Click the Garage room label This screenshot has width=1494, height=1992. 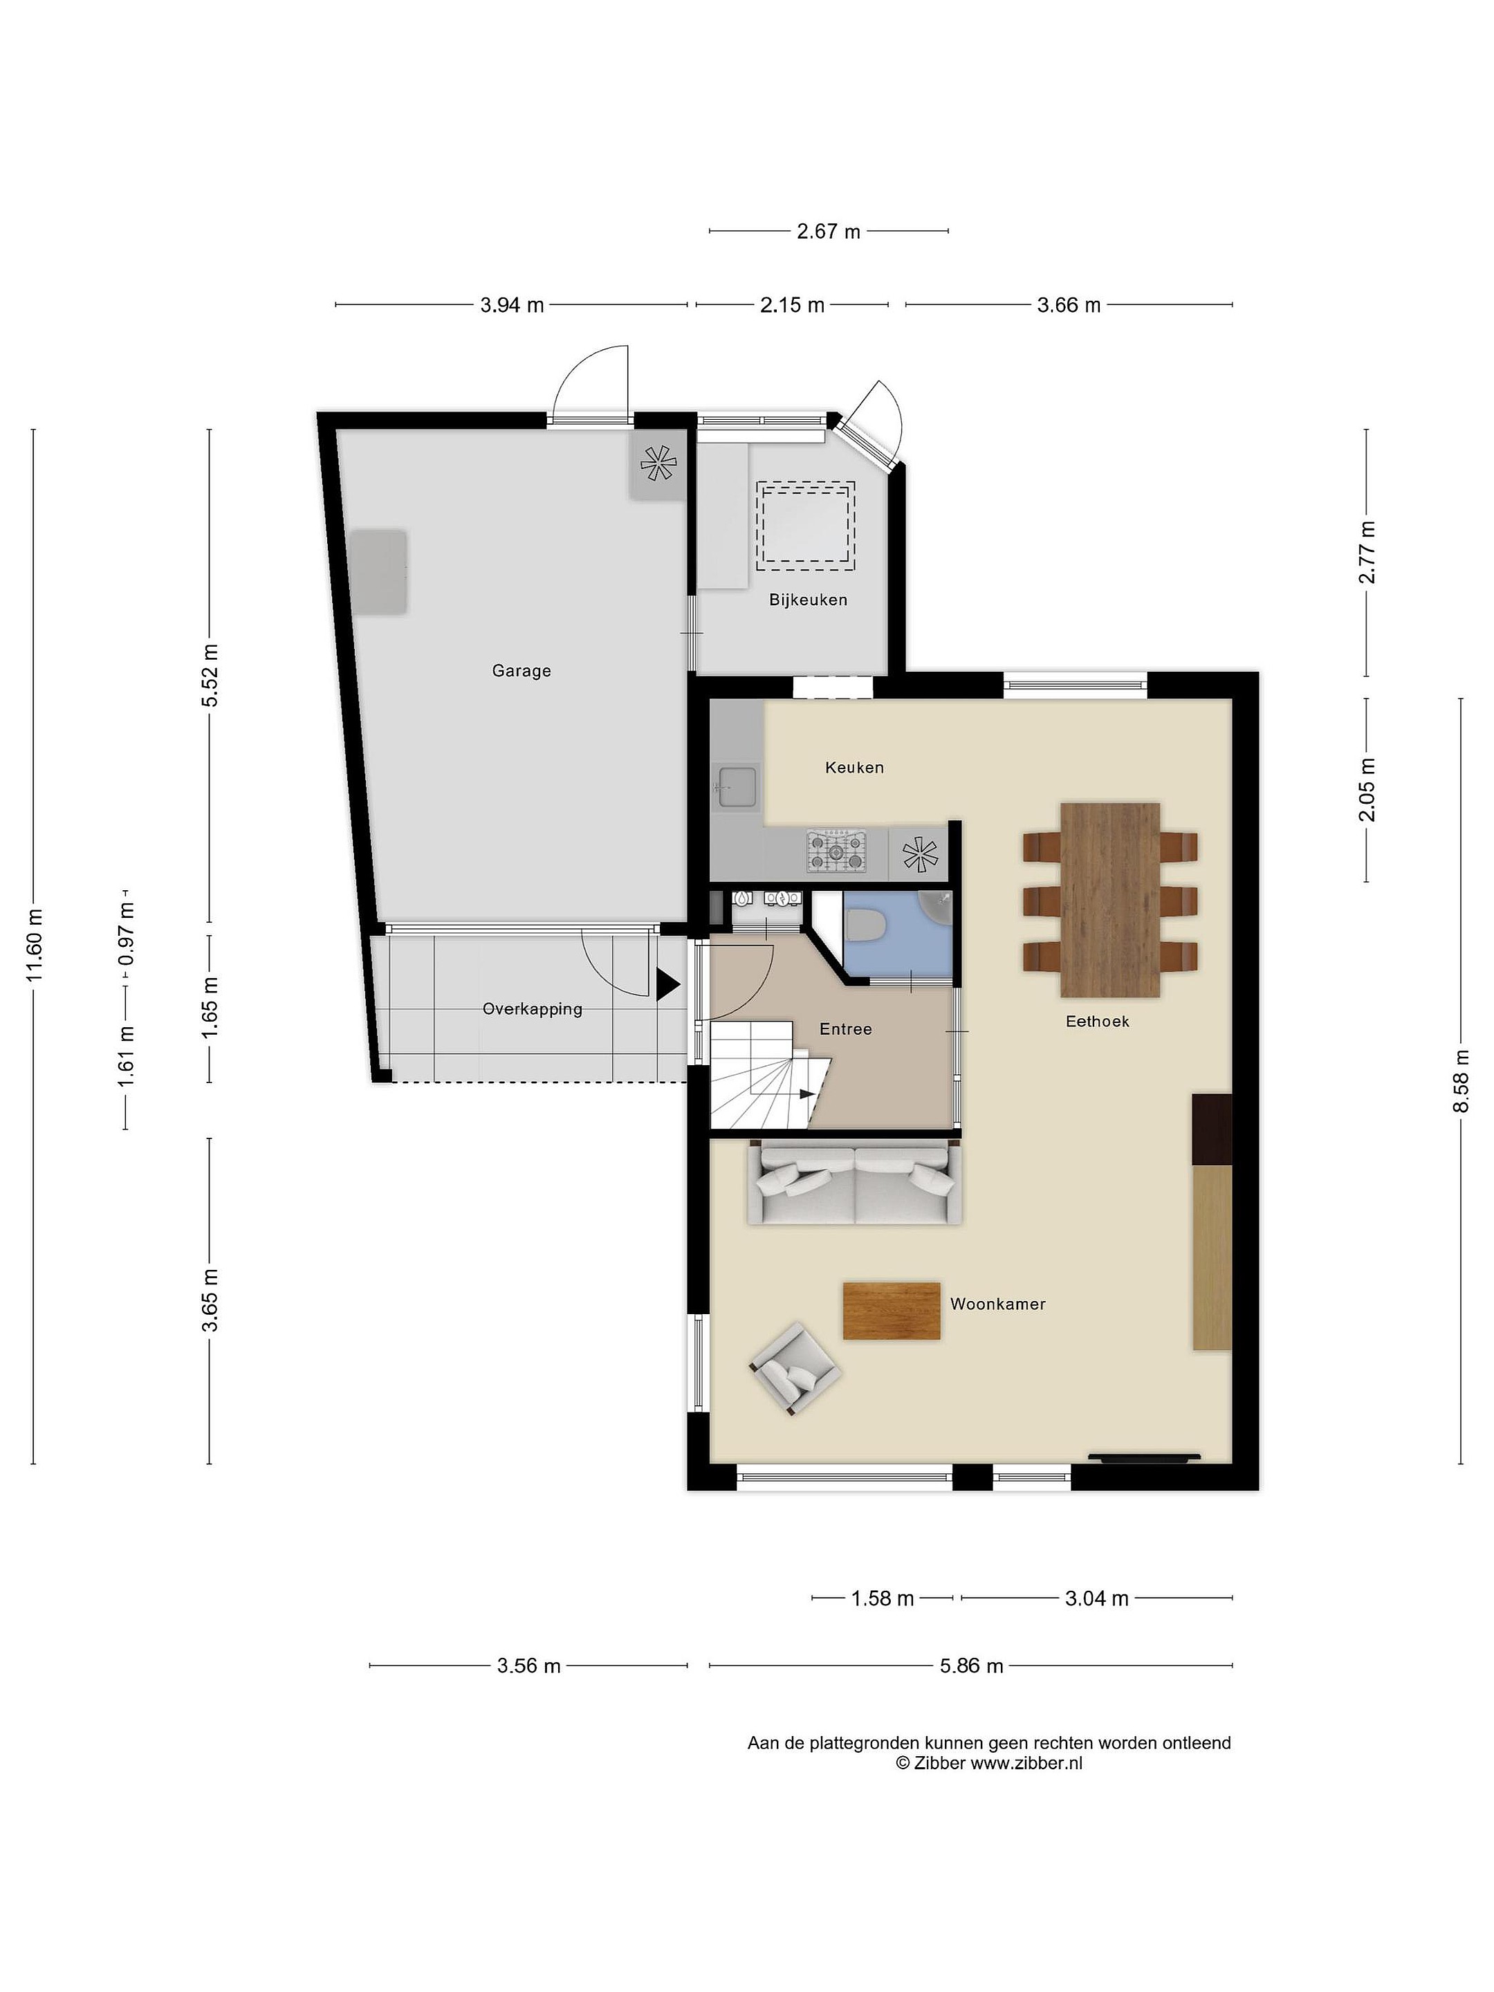click(x=521, y=671)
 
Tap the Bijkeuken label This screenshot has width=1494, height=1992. click(x=808, y=600)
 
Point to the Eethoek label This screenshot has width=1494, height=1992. click(x=1097, y=1021)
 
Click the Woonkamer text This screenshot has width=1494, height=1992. click(x=998, y=1304)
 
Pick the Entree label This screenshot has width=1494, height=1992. click(x=846, y=1029)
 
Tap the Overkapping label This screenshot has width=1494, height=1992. click(x=532, y=1010)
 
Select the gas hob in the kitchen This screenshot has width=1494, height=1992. click(x=837, y=851)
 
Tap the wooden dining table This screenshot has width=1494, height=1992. click(x=1109, y=900)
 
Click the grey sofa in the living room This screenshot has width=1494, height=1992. click(x=854, y=1183)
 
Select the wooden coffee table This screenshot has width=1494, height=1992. click(x=892, y=1311)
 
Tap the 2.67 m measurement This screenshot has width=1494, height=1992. click(x=829, y=232)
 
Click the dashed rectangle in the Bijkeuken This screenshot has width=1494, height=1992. click(x=806, y=526)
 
